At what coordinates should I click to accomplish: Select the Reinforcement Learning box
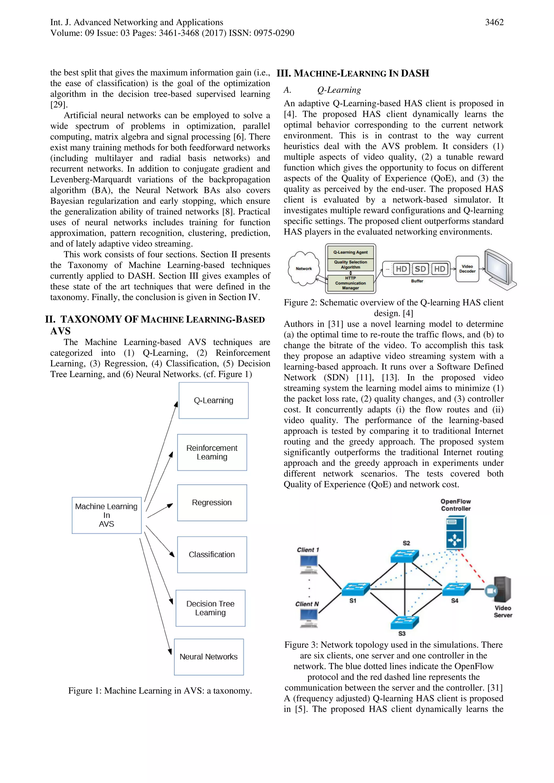[212, 452]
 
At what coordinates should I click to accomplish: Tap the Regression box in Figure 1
[212, 503]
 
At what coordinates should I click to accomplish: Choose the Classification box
[212, 554]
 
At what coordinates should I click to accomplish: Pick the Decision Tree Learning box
[210, 608]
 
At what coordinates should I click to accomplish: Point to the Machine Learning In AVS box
[106, 515]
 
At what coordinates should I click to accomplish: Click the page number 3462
[494, 22]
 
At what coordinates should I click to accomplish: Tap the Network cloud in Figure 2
[304, 269]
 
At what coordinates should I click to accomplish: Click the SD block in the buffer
[420, 269]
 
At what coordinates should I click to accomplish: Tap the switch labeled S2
[405, 556]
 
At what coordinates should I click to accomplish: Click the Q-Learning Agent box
[350, 252]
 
